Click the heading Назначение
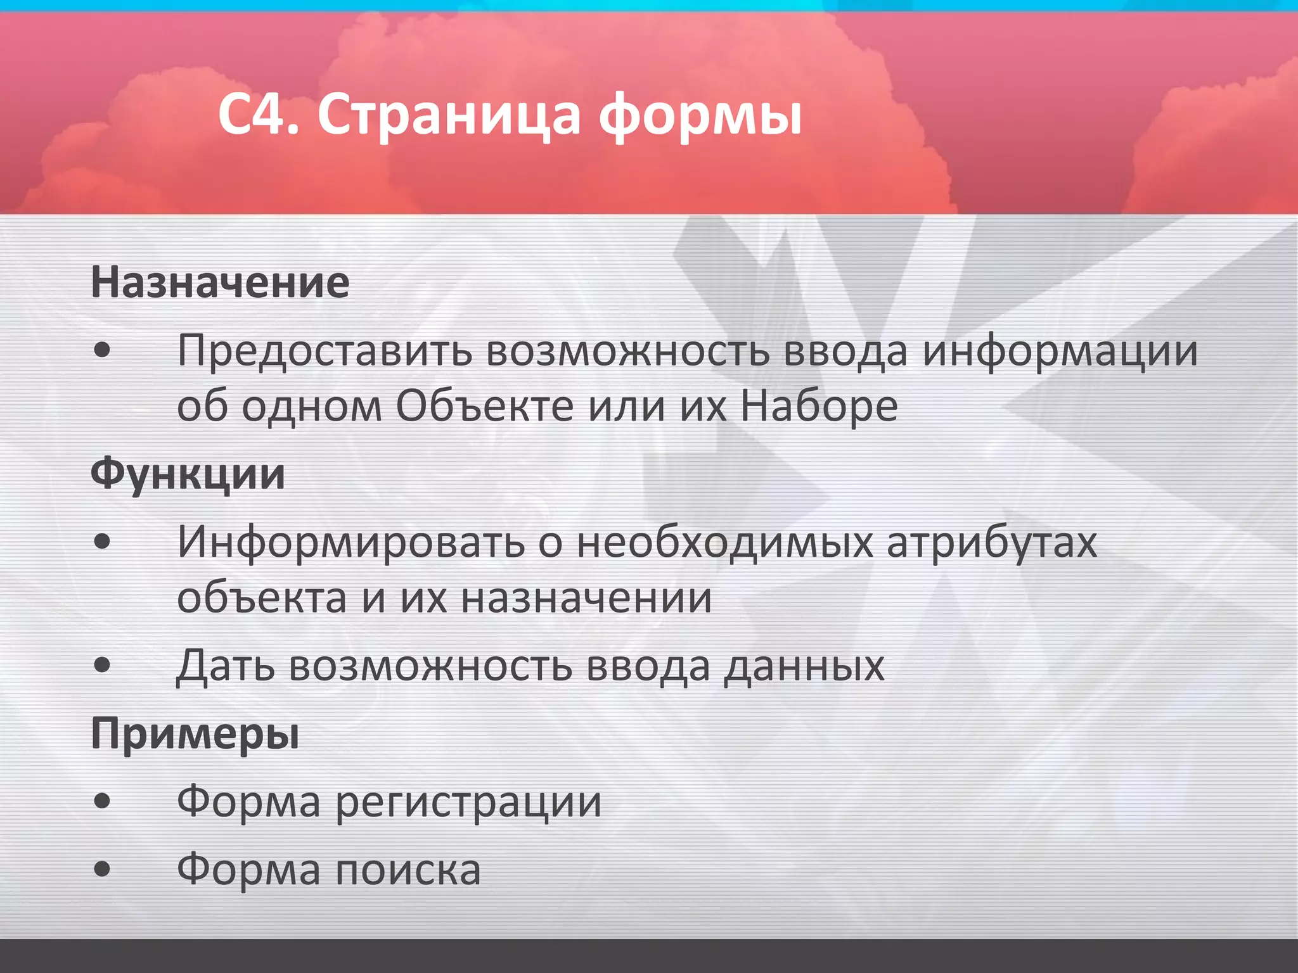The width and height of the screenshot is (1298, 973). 220,282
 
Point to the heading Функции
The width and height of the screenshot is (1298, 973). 188,474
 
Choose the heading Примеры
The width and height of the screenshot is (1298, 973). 195,734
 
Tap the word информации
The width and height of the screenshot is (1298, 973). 1060,350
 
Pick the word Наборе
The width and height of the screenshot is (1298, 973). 819,405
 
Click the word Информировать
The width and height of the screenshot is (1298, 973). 351,542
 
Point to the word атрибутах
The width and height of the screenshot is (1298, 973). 991,542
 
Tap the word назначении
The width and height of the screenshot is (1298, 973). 586,597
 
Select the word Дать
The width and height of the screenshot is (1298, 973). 226,666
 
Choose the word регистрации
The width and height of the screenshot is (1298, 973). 468,802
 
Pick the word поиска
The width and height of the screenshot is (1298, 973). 408,870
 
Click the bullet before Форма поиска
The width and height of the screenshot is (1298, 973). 101,870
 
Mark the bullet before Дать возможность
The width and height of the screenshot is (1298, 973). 101,666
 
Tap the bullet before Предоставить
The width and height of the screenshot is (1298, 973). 101,350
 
